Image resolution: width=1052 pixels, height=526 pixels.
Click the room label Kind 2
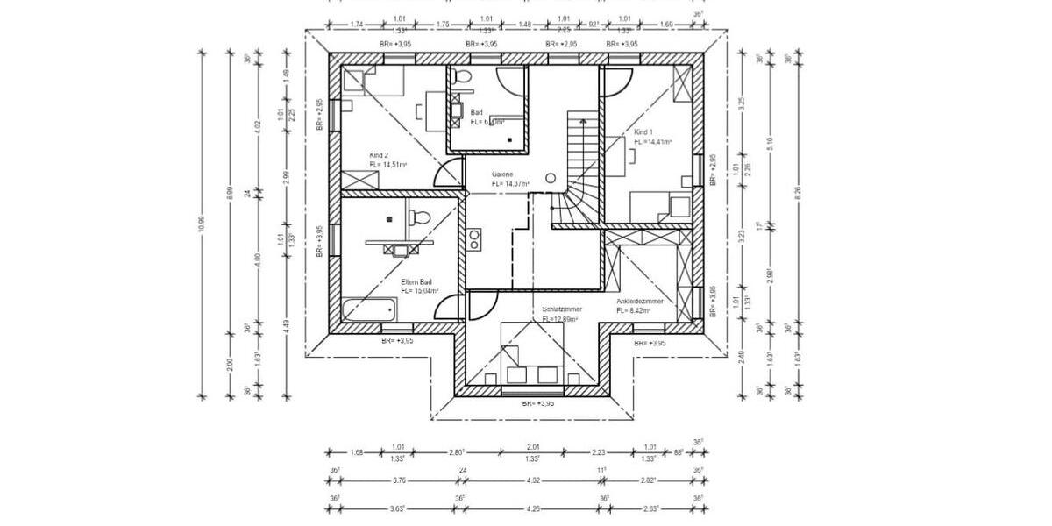point(379,155)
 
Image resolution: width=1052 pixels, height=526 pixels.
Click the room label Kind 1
point(643,131)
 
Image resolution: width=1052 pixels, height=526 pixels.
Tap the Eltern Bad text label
point(416,282)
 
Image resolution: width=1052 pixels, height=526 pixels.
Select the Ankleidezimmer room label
point(639,301)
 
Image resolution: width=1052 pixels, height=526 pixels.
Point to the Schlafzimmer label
point(562,309)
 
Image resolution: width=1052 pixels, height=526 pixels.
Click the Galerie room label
point(502,174)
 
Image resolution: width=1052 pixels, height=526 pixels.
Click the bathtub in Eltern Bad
point(369,309)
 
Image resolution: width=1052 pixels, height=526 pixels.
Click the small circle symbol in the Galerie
point(551,178)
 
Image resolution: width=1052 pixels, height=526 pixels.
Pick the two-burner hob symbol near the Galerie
point(474,239)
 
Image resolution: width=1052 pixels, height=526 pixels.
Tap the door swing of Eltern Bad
point(450,309)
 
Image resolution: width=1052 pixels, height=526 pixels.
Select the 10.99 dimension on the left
point(202,224)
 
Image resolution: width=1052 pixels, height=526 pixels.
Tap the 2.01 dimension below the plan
point(532,446)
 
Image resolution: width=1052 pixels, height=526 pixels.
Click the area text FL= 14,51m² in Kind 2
point(387,165)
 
